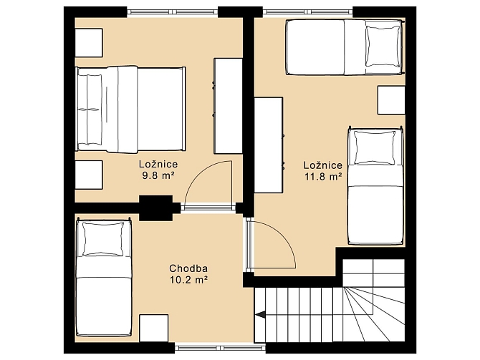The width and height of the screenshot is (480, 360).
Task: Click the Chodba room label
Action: point(188,268)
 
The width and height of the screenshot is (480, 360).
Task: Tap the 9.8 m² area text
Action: point(158,175)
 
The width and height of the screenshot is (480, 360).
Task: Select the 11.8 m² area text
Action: point(323,177)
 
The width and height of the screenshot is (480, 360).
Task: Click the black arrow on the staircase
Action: point(261,314)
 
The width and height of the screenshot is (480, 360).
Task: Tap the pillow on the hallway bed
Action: point(103,239)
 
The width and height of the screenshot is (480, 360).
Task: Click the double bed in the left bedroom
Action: point(130,110)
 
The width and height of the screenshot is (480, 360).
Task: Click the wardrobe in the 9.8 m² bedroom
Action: point(229,106)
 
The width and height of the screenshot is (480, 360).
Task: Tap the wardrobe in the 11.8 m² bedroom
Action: point(269,145)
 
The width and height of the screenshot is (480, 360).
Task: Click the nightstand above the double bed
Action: point(89,43)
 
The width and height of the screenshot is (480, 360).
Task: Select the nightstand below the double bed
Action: point(89,175)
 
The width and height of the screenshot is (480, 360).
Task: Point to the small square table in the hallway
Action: point(154,329)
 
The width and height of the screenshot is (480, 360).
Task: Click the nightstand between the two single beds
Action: point(391,100)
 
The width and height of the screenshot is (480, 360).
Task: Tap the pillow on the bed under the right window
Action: point(383,47)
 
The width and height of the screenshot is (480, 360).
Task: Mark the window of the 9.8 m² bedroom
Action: point(173,12)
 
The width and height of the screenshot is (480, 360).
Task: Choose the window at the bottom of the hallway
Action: point(220,348)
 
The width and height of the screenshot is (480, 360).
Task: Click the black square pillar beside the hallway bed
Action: point(156,208)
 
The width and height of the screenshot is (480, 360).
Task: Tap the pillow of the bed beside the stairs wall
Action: point(375,147)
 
